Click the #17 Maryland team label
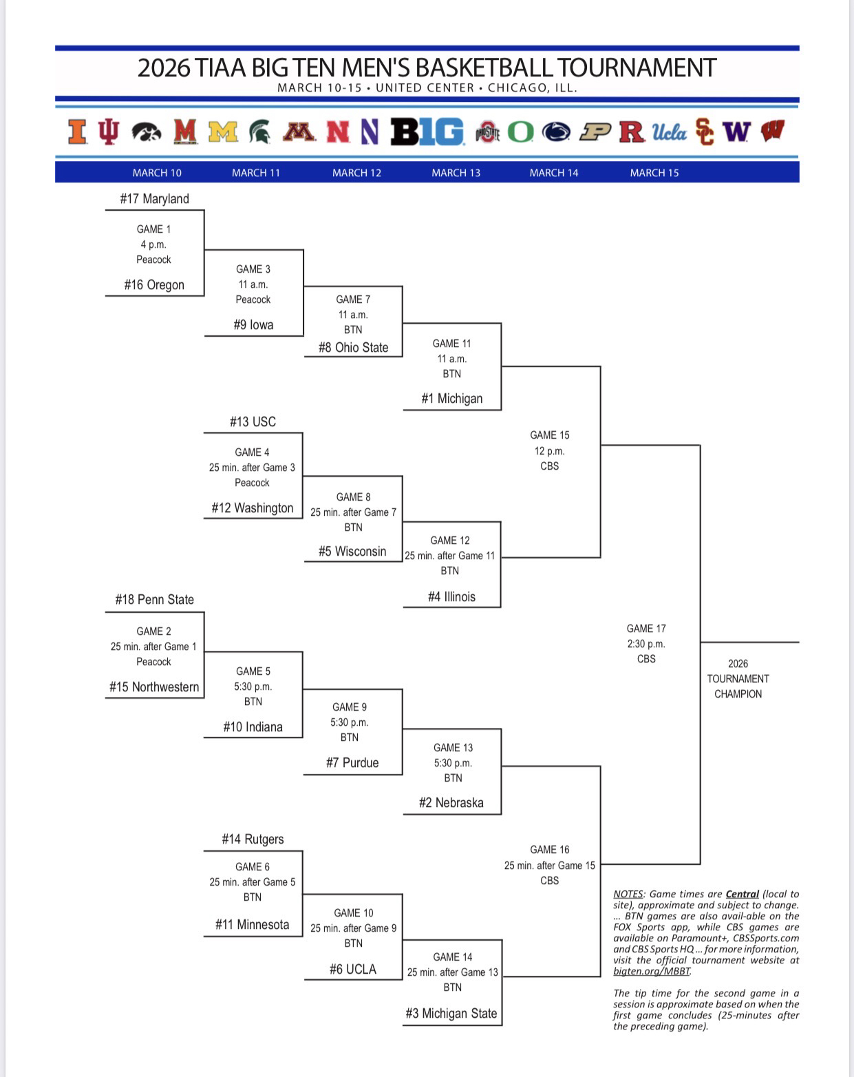pos(154,199)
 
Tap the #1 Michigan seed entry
pos(452,399)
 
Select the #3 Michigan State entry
pos(451,1014)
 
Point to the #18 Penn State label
pos(154,600)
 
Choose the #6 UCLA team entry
pos(353,970)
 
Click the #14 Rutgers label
pos(253,839)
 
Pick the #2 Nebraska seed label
pos(451,803)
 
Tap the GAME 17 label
pos(646,629)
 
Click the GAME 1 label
pos(153,229)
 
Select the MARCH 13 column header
pos(456,173)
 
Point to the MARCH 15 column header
pos(654,173)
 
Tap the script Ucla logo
pos(669,132)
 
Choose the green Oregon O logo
pos(520,132)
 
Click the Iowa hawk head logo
pos(146,132)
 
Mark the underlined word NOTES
pos(628,895)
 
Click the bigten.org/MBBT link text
pos(652,972)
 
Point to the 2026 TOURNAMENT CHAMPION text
pos(738,679)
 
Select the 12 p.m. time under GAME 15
pos(549,451)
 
